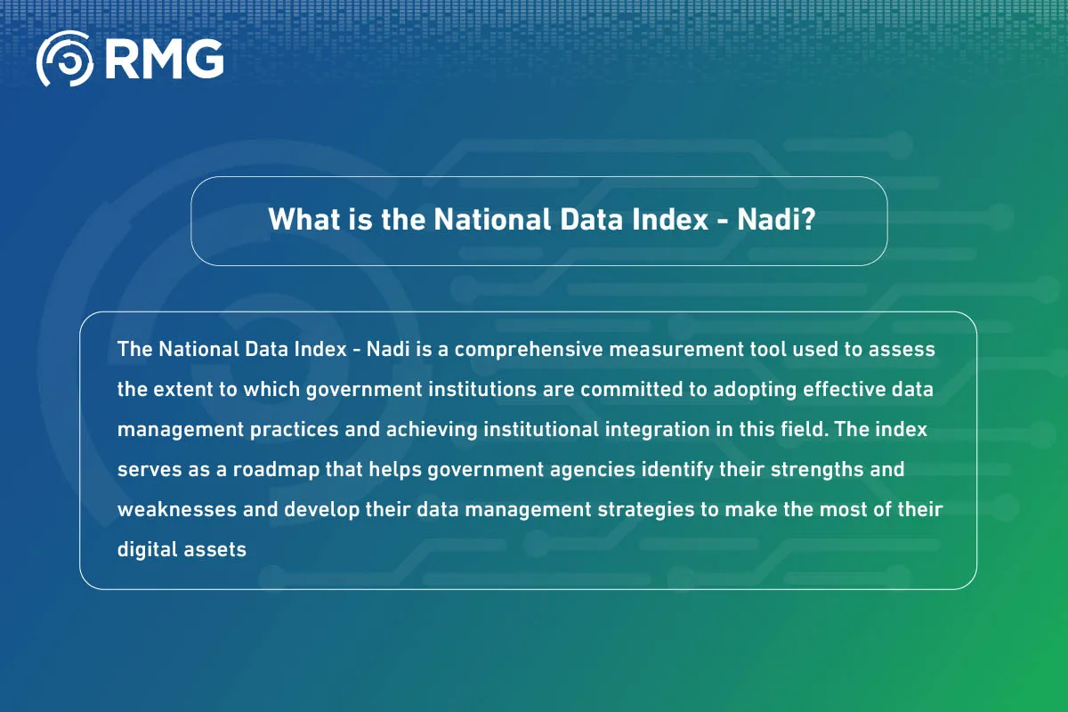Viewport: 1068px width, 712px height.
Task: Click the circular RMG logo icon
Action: tap(64, 59)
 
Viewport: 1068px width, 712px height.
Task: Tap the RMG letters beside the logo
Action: tap(165, 59)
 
